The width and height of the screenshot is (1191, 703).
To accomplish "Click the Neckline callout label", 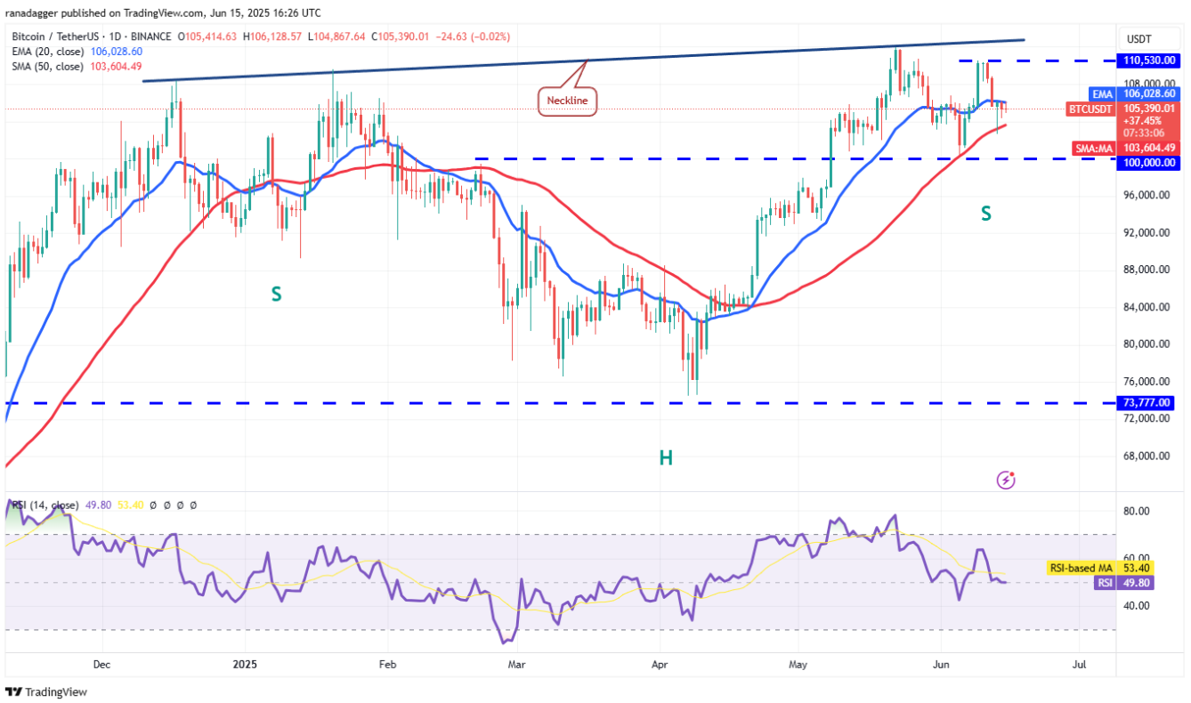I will coord(566,101).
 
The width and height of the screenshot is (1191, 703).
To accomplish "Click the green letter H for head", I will coord(665,458).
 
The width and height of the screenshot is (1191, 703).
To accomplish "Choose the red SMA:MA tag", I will coord(1093,149).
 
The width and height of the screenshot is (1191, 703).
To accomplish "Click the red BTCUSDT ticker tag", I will coord(1090,109).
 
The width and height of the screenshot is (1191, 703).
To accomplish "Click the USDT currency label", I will coord(1139,39).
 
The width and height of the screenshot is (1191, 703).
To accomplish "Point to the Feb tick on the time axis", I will coord(386,664).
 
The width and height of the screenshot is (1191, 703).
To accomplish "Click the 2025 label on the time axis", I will coord(244,664).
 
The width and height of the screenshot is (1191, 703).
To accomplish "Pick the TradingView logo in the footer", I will coord(46,691).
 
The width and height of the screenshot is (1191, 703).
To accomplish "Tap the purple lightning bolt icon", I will coord(1007,481).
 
